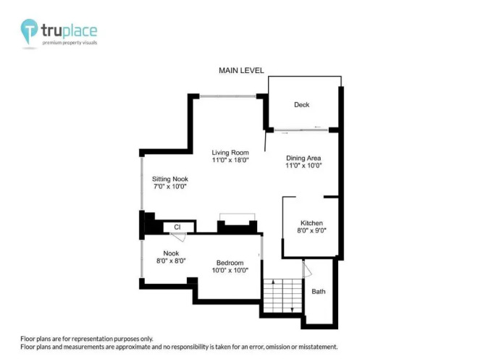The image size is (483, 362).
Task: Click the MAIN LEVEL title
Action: [241, 70]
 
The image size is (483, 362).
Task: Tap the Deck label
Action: [301, 105]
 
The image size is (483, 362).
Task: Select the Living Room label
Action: [230, 153]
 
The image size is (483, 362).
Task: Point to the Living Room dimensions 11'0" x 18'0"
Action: [230, 160]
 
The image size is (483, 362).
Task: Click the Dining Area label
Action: [303, 158]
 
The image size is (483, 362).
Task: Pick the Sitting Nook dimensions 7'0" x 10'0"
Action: [170, 186]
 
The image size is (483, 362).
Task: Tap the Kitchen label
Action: [311, 223]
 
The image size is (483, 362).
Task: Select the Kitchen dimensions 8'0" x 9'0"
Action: [311, 230]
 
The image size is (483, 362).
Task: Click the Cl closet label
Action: [177, 227]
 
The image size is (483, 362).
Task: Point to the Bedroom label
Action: [230, 263]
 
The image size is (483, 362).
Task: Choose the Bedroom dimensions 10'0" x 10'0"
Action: [230, 270]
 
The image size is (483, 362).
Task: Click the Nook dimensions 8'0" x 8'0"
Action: [171, 261]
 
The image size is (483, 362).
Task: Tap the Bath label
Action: [318, 292]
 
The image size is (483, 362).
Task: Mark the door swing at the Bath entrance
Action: [308, 269]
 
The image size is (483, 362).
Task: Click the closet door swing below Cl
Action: [180, 237]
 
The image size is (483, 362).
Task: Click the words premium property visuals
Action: [70, 43]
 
